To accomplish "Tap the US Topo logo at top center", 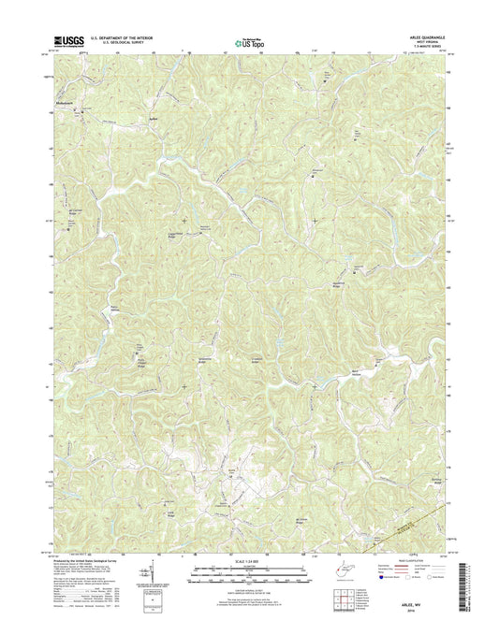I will click(x=246, y=40).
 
